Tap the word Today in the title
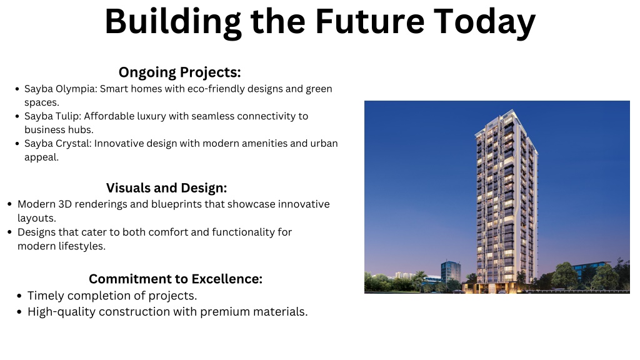click(x=484, y=23)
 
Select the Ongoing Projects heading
click(x=179, y=72)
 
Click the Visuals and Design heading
click(x=166, y=187)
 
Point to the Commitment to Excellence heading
click(x=176, y=279)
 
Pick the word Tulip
click(x=69, y=116)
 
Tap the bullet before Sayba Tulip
click(x=17, y=117)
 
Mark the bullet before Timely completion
click(x=19, y=296)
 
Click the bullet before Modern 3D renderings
click(x=10, y=204)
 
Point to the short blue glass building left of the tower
click(x=451, y=271)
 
